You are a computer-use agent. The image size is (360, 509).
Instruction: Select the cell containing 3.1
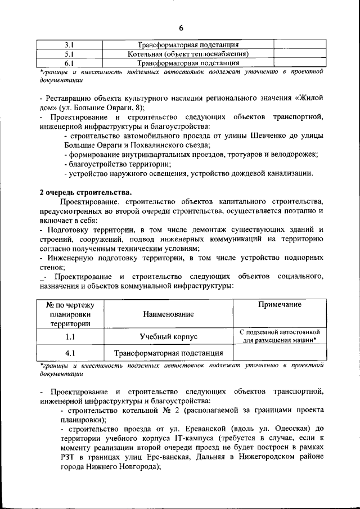click(x=70, y=44)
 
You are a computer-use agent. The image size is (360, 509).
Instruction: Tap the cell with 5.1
click(x=70, y=54)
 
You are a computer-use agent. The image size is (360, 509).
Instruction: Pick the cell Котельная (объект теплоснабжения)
click(x=189, y=54)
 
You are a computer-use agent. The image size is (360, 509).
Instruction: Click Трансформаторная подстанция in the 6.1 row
click(x=189, y=63)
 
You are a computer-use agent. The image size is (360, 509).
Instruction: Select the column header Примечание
click(x=279, y=304)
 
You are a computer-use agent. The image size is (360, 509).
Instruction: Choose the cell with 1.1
click(x=70, y=336)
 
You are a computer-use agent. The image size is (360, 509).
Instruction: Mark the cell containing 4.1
click(x=70, y=353)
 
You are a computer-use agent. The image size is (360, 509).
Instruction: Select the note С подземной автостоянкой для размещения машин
click(x=279, y=336)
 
